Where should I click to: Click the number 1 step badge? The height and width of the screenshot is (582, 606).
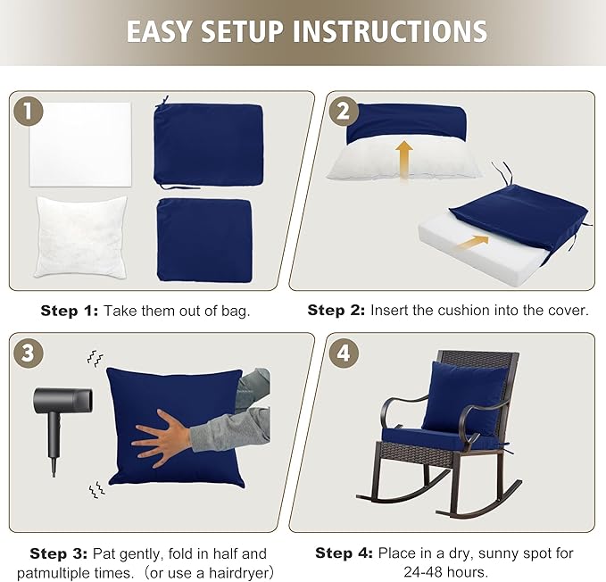[x=29, y=112]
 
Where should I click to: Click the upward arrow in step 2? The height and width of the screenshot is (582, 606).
[x=404, y=159]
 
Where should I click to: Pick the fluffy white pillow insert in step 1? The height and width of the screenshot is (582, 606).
[x=81, y=236]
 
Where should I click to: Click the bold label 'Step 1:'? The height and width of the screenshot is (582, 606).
[x=70, y=311]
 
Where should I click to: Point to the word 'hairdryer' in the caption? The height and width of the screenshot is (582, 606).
[x=234, y=571]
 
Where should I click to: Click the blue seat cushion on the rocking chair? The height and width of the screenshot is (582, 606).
[x=437, y=437]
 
